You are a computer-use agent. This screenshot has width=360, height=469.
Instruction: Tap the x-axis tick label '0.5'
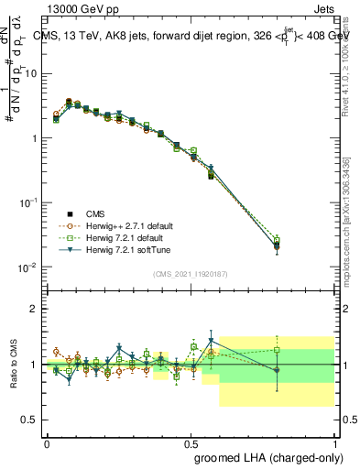click(191, 442)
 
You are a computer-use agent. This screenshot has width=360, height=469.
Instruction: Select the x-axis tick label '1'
click(335, 442)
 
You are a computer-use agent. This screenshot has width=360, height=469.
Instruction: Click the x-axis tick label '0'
click(47, 442)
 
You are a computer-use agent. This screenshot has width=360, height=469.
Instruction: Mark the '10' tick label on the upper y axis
click(32, 73)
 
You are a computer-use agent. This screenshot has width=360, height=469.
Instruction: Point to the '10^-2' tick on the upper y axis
click(30, 267)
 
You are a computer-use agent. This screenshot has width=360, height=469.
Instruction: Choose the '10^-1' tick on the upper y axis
click(30, 202)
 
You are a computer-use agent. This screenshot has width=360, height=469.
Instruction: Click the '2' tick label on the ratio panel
click(36, 309)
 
